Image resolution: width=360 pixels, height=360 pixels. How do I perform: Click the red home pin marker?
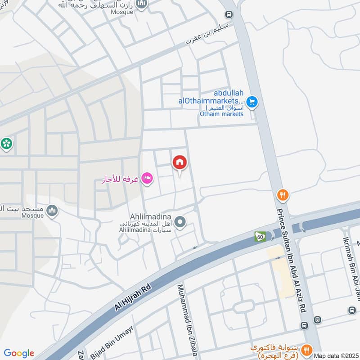(x=180, y=162)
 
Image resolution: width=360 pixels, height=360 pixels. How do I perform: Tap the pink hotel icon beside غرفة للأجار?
(x=147, y=179)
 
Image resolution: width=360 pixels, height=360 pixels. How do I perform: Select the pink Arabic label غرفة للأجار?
(x=120, y=180)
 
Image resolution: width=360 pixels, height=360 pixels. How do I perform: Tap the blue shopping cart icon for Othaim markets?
(x=252, y=102)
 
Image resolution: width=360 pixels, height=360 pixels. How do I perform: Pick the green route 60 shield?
(x=259, y=236)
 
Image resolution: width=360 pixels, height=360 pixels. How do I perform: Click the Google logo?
(x=19, y=353)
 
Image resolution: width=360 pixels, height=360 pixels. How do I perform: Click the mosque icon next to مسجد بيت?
(x=53, y=210)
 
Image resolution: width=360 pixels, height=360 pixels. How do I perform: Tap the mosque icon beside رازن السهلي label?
(x=142, y=4)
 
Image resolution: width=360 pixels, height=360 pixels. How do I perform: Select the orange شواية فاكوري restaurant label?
(x=277, y=351)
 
